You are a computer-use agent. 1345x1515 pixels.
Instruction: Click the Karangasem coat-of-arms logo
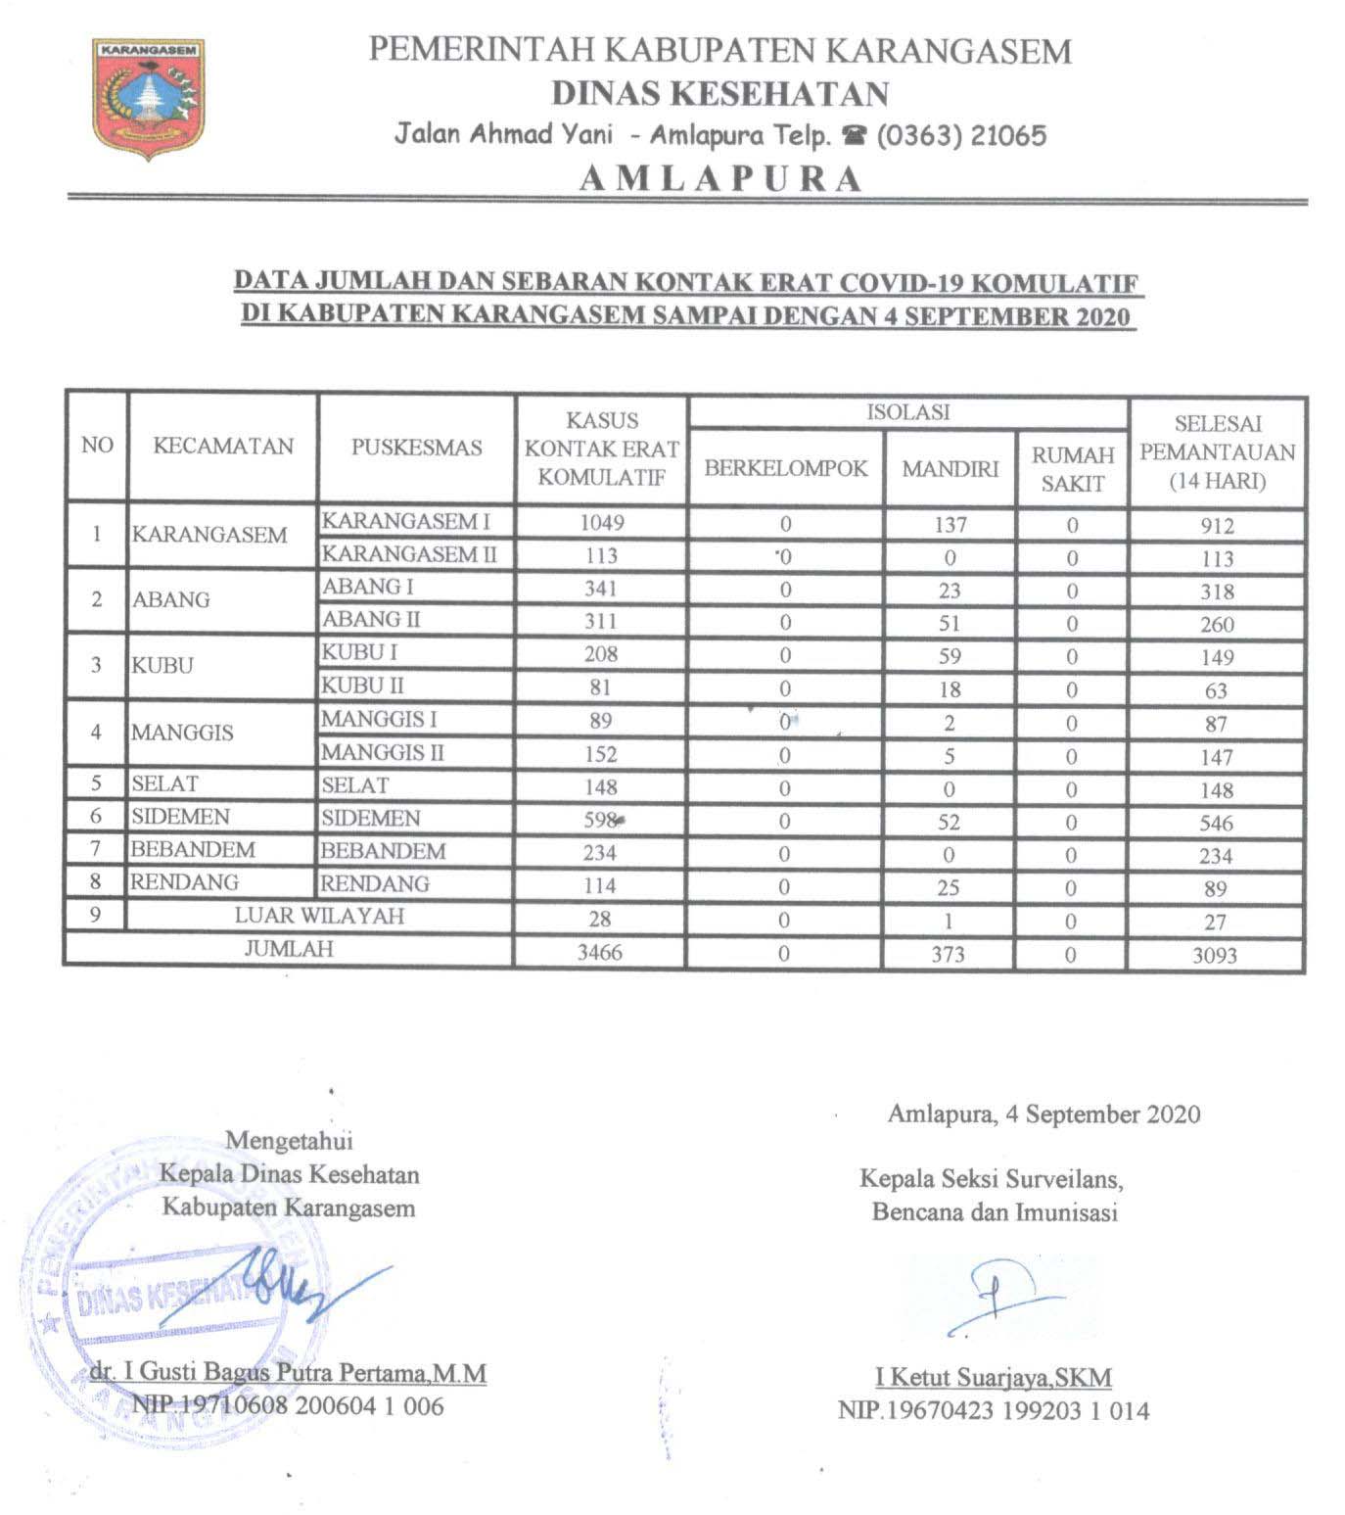coord(149,98)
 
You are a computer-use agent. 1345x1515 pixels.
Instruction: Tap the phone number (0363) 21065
coord(960,135)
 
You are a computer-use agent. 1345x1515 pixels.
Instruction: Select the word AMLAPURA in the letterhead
coord(720,179)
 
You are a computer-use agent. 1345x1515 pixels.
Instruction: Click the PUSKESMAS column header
coord(417,448)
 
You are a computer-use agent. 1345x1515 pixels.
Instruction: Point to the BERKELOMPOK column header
coord(785,468)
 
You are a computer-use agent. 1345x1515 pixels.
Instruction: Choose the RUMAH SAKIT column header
coord(1073,469)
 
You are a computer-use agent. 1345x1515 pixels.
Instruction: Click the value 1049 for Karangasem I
coord(601,522)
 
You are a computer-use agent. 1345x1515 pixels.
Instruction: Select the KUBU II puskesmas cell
coord(363,686)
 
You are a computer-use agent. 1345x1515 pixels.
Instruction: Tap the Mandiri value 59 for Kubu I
coord(949,656)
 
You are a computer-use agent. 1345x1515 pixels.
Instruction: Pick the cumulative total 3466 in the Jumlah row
coord(600,952)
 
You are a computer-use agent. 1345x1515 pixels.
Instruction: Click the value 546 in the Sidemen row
coord(1215,823)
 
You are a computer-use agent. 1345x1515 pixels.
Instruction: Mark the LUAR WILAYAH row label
coord(319,916)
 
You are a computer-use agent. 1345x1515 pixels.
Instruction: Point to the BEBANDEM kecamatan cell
coord(193,849)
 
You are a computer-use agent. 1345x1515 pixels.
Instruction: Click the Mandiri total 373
coord(949,953)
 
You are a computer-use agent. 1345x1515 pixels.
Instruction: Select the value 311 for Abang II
coord(601,621)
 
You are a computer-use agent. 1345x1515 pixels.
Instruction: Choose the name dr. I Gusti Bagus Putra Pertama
coord(288,1373)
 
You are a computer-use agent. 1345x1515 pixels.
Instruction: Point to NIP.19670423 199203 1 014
coord(993,1411)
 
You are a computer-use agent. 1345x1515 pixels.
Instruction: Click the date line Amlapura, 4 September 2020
coord(1044,1113)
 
